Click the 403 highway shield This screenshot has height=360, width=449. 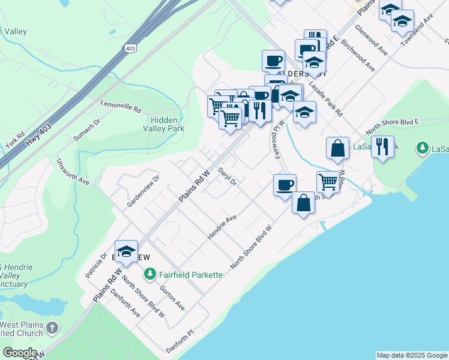(131, 47)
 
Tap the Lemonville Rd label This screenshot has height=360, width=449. (121, 106)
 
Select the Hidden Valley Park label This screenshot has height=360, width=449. (163, 124)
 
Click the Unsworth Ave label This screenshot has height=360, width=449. (73, 172)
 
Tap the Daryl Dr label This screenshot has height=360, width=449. (228, 176)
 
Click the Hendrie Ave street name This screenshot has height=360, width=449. (222, 228)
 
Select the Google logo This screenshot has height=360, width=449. (20, 352)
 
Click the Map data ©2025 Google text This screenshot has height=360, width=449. (412, 355)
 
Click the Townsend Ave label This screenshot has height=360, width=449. (420, 27)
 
